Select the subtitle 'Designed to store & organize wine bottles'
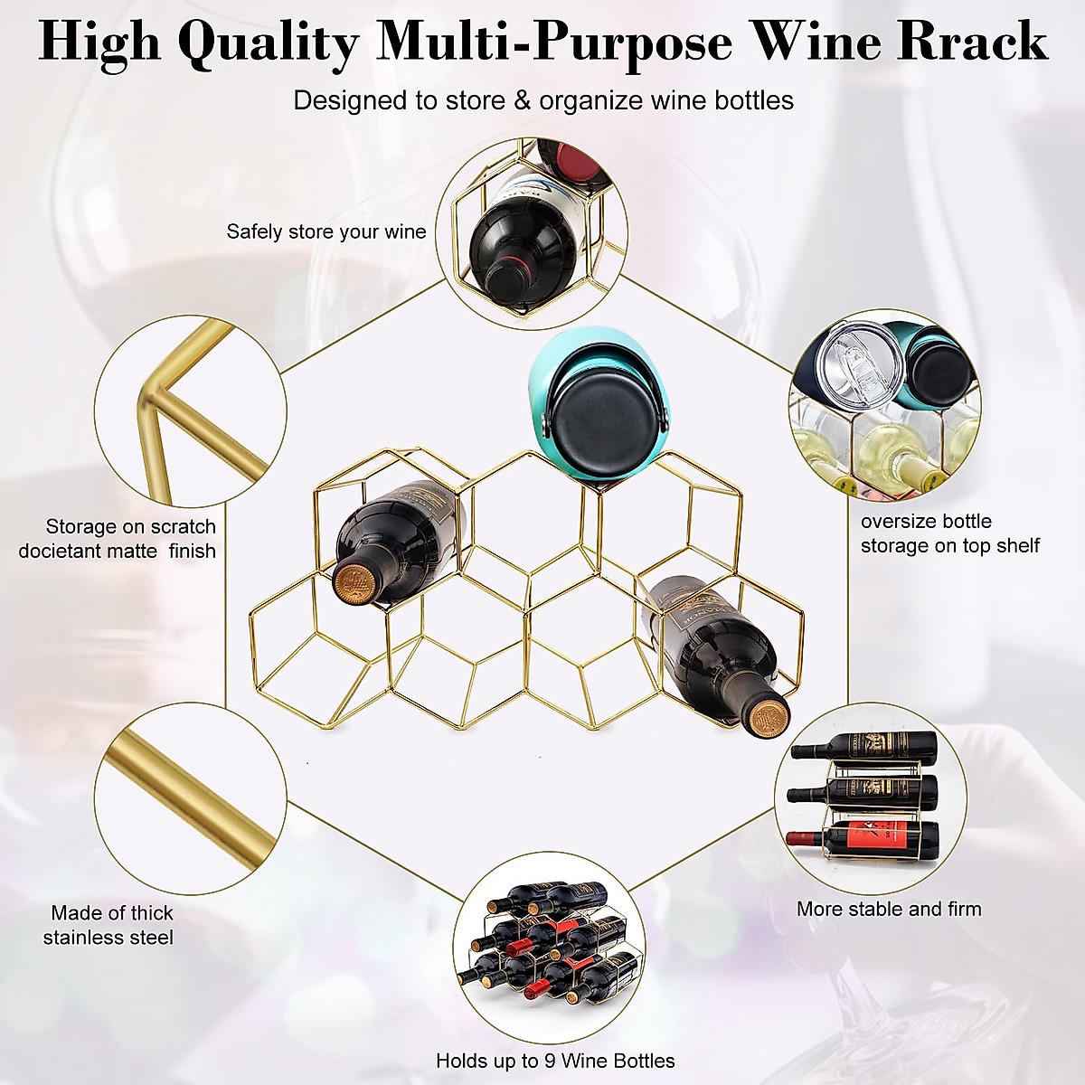pyautogui.click(x=542, y=100)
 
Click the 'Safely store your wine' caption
pyautogui.click(x=325, y=231)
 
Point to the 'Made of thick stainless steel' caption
pyautogui.click(x=111, y=925)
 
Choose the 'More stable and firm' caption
pyautogui.click(x=888, y=909)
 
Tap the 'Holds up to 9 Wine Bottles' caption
pyautogui.click(x=555, y=1061)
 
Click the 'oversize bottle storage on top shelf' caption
pyautogui.click(x=949, y=533)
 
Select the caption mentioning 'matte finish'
pyautogui.click(x=118, y=538)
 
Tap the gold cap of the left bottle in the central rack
pyautogui.click(x=354, y=580)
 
